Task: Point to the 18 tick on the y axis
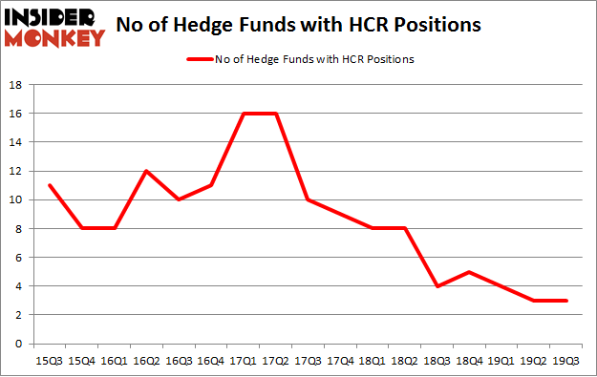[15, 85]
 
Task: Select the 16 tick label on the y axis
[15, 114]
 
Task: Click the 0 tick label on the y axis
[19, 344]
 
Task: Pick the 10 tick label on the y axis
[15, 199]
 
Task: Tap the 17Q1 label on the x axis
[244, 360]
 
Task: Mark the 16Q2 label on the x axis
[146, 360]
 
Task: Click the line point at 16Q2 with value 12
[146, 171]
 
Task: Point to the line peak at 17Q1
[244, 114]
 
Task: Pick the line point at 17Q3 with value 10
[309, 199]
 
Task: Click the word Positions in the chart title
[435, 26]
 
